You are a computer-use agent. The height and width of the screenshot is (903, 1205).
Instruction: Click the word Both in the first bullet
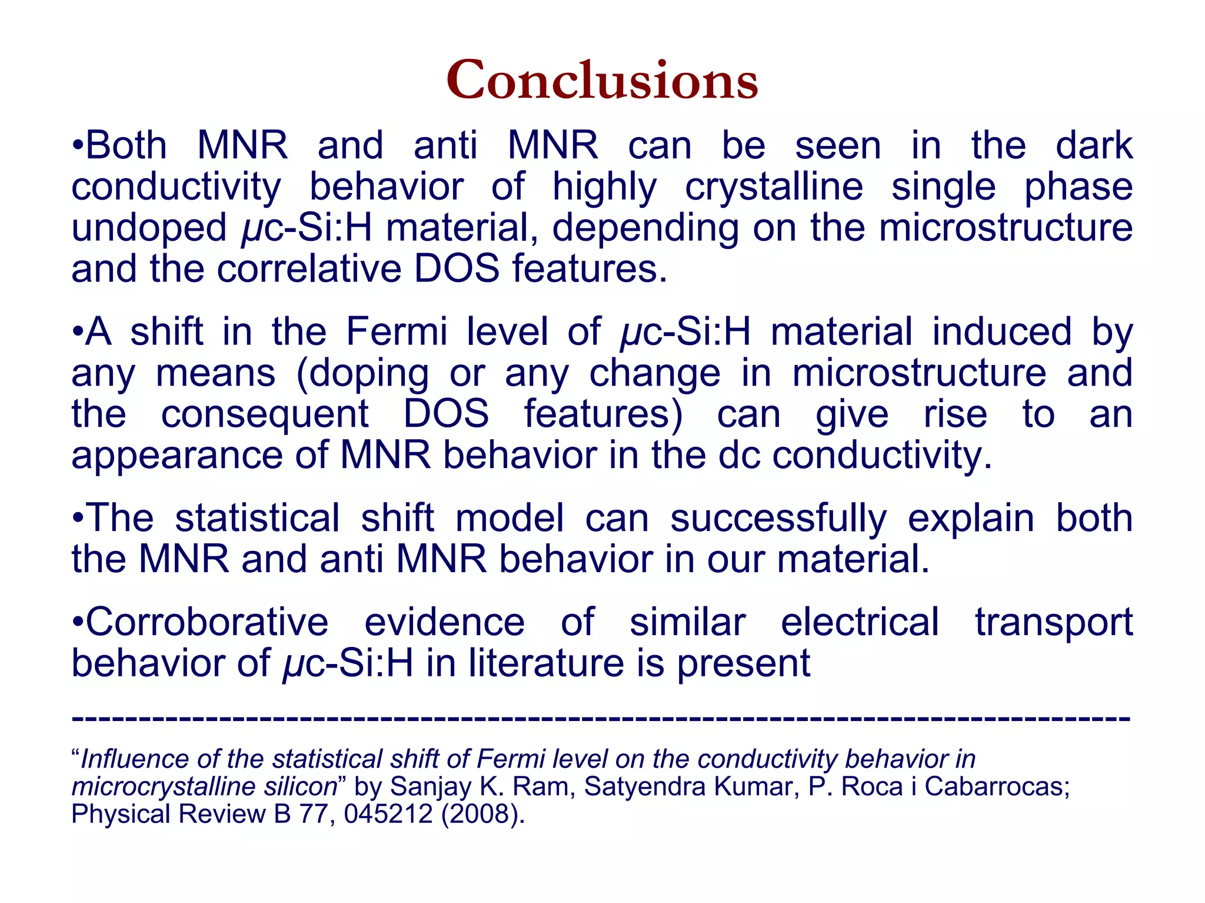click(127, 145)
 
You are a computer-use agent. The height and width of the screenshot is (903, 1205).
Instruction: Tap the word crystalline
click(774, 187)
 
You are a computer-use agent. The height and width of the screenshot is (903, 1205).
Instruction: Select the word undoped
click(149, 228)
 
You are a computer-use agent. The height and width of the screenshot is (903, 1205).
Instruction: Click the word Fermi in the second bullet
click(397, 331)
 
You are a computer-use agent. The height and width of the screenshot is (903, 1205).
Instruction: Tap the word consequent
click(265, 414)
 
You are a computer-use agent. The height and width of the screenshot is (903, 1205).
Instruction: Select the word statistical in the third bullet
click(257, 519)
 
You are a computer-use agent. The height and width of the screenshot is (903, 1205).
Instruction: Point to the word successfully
click(778, 519)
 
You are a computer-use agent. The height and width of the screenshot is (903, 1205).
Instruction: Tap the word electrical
click(860, 622)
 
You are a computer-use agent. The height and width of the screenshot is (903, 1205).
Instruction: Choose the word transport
click(1053, 622)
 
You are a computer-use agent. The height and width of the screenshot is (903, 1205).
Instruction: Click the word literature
click(545, 663)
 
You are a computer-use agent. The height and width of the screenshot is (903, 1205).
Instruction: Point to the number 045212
click(388, 814)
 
